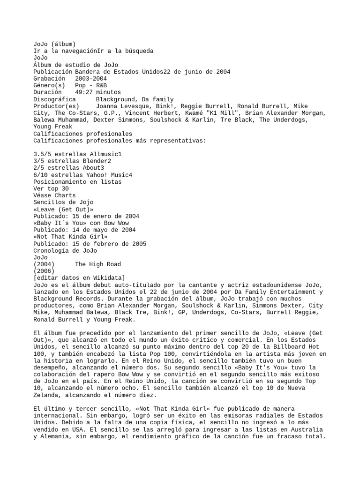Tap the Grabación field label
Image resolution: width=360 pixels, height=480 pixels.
pos(49,79)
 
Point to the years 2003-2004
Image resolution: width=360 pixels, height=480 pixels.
pos(90,79)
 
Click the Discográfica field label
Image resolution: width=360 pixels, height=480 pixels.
pos(54,99)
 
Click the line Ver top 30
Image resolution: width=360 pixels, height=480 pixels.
pos(51,188)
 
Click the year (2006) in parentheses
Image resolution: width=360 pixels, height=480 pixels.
pos(44,271)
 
